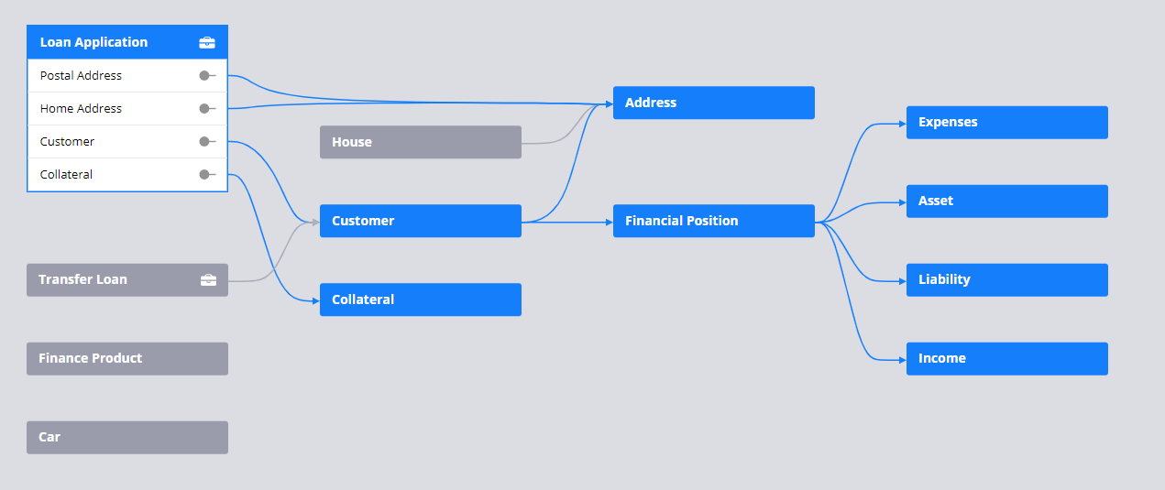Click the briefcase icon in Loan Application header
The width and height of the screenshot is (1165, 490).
pyautogui.click(x=207, y=43)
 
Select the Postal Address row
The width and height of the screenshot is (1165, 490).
pyautogui.click(x=127, y=75)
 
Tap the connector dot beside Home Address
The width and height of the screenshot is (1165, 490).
pyautogui.click(x=204, y=109)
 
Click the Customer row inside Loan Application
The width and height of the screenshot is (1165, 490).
pyautogui.click(x=127, y=141)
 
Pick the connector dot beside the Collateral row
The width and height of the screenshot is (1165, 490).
pyautogui.click(x=204, y=175)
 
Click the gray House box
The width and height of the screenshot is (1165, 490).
pyautogui.click(x=420, y=142)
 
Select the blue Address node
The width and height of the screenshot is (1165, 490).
pyautogui.click(x=713, y=103)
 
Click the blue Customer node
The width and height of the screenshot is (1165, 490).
pyautogui.click(x=420, y=221)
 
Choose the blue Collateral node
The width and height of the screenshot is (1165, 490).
pyautogui.click(x=420, y=299)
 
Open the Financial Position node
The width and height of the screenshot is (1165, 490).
pyautogui.click(x=713, y=221)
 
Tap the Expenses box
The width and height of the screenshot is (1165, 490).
pyautogui.click(x=1007, y=123)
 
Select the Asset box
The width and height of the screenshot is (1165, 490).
pyautogui.click(x=1007, y=201)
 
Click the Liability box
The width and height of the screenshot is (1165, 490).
pyautogui.click(x=1007, y=280)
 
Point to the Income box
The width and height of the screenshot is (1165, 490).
pyautogui.click(x=1007, y=358)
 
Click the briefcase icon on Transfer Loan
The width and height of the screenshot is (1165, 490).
pyautogui.click(x=209, y=280)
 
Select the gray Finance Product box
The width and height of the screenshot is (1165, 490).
pyautogui.click(x=127, y=358)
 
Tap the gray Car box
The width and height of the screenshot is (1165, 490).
pyautogui.click(x=127, y=438)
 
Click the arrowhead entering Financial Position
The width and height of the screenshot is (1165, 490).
pyautogui.click(x=610, y=223)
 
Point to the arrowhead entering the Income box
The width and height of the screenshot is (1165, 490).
pyautogui.click(x=903, y=360)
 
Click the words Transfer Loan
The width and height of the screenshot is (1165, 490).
pyautogui.click(x=82, y=279)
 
